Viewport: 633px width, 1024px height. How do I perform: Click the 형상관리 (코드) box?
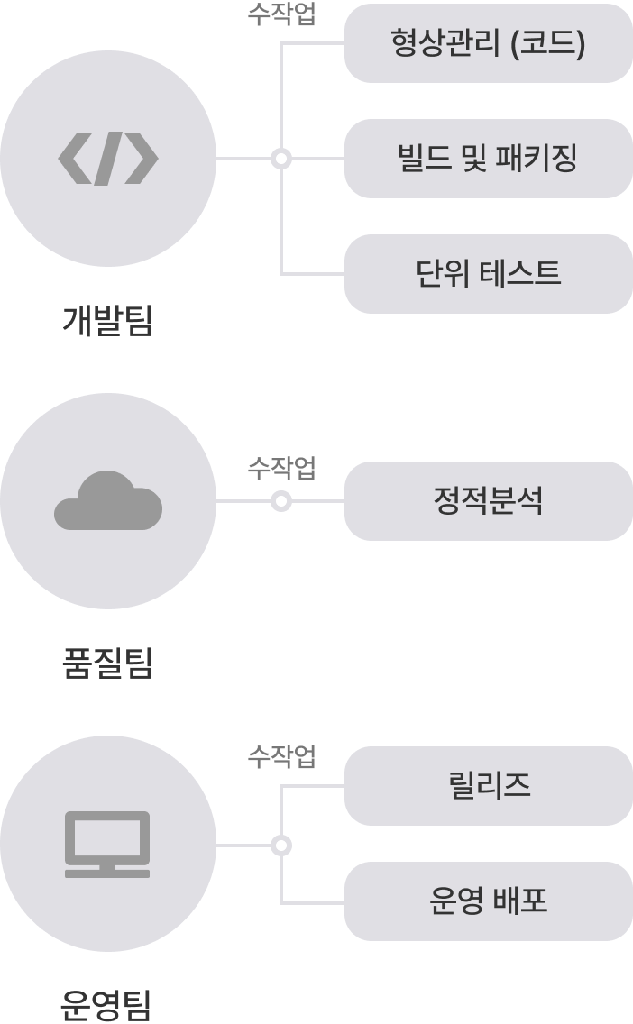(488, 43)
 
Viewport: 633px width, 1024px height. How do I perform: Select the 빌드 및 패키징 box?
(488, 159)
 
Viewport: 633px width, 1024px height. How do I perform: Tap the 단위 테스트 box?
(488, 273)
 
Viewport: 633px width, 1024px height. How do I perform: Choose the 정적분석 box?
(488, 501)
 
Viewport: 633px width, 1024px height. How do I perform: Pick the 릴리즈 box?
(488, 785)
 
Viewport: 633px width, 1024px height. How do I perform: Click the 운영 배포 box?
(488, 901)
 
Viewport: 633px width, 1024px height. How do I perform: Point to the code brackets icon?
(108, 159)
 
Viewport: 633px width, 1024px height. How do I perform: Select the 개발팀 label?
(108, 321)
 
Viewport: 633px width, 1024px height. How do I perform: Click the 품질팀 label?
(108, 664)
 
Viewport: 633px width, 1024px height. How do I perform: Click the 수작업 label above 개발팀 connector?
(281, 16)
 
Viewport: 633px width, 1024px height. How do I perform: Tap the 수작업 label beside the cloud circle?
(281, 468)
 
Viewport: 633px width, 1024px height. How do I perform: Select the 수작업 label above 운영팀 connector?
(281, 757)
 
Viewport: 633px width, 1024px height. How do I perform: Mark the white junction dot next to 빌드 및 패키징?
(281, 159)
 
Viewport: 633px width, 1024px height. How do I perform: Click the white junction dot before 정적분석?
(281, 501)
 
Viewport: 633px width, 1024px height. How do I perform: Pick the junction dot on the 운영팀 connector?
(281, 845)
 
